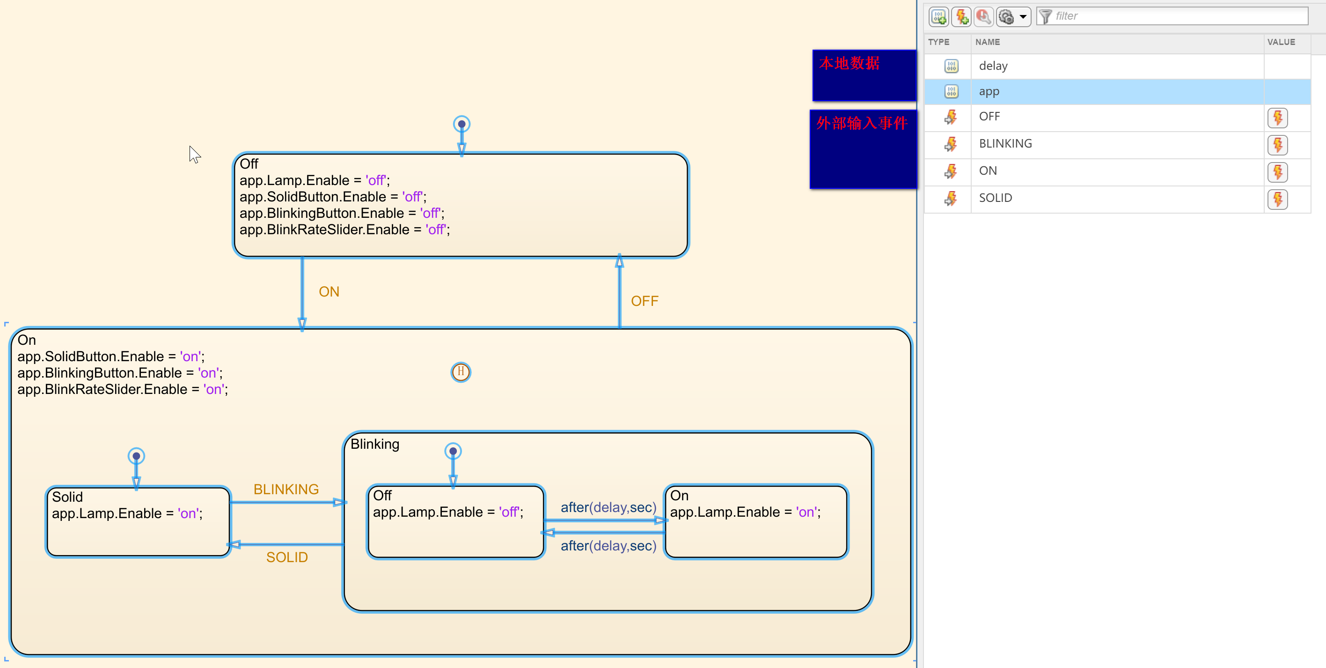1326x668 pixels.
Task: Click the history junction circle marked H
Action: coord(461,372)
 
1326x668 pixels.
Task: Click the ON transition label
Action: coord(329,292)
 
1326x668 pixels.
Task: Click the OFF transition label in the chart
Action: coord(645,301)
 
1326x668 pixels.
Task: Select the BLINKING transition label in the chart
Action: coord(286,489)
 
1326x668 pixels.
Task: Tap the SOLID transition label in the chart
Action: coord(287,557)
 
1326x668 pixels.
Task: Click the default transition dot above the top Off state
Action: coord(462,124)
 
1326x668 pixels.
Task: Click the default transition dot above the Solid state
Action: coord(136,456)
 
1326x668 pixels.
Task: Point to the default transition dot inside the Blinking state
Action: coord(453,451)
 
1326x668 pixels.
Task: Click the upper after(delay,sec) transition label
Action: coord(608,507)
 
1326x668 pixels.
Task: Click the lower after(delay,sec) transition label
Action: coord(608,546)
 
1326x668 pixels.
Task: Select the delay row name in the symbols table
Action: coord(993,66)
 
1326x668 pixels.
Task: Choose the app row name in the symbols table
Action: coord(989,92)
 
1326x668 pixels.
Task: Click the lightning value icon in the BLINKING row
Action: coord(1277,145)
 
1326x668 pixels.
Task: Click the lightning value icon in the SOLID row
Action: coord(1277,199)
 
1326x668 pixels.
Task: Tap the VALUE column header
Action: coord(1281,42)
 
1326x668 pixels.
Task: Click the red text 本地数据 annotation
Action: coord(850,63)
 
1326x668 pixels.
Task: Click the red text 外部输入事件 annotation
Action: coord(862,123)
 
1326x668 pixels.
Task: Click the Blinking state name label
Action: coord(375,444)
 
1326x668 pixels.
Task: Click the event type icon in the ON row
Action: coord(951,171)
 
